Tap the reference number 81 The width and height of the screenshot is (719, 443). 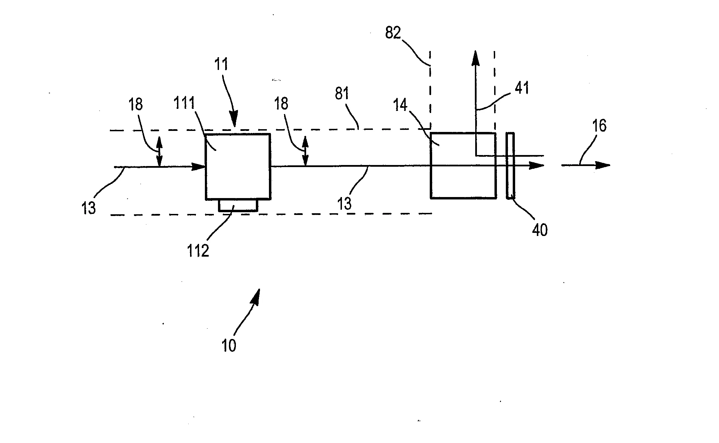pos(342,93)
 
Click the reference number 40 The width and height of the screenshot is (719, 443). pos(539,230)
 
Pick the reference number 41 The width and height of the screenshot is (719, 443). pos(521,89)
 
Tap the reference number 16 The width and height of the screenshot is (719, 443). pos(599,126)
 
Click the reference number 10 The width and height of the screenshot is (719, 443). pos(229,345)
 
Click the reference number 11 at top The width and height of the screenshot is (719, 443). pos(221,65)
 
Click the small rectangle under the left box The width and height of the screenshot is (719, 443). pos(238,205)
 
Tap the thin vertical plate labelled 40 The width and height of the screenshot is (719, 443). pos(510,165)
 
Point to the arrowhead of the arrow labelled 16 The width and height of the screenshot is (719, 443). pos(603,165)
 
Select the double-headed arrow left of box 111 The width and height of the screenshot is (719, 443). pos(159,152)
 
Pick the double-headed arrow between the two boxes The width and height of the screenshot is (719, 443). pos(305,151)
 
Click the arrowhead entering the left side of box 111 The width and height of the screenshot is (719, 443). pos(199,167)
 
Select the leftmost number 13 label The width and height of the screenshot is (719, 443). pos(89,208)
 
